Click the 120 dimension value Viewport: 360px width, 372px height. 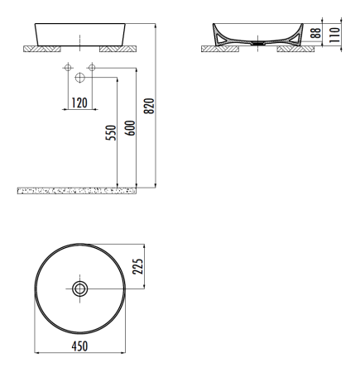click(x=79, y=103)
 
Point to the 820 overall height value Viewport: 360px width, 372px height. click(x=149, y=107)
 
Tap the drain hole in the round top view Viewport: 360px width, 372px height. click(x=80, y=289)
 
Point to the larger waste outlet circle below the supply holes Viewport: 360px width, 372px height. click(x=79, y=78)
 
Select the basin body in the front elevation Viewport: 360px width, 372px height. click(x=79, y=35)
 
